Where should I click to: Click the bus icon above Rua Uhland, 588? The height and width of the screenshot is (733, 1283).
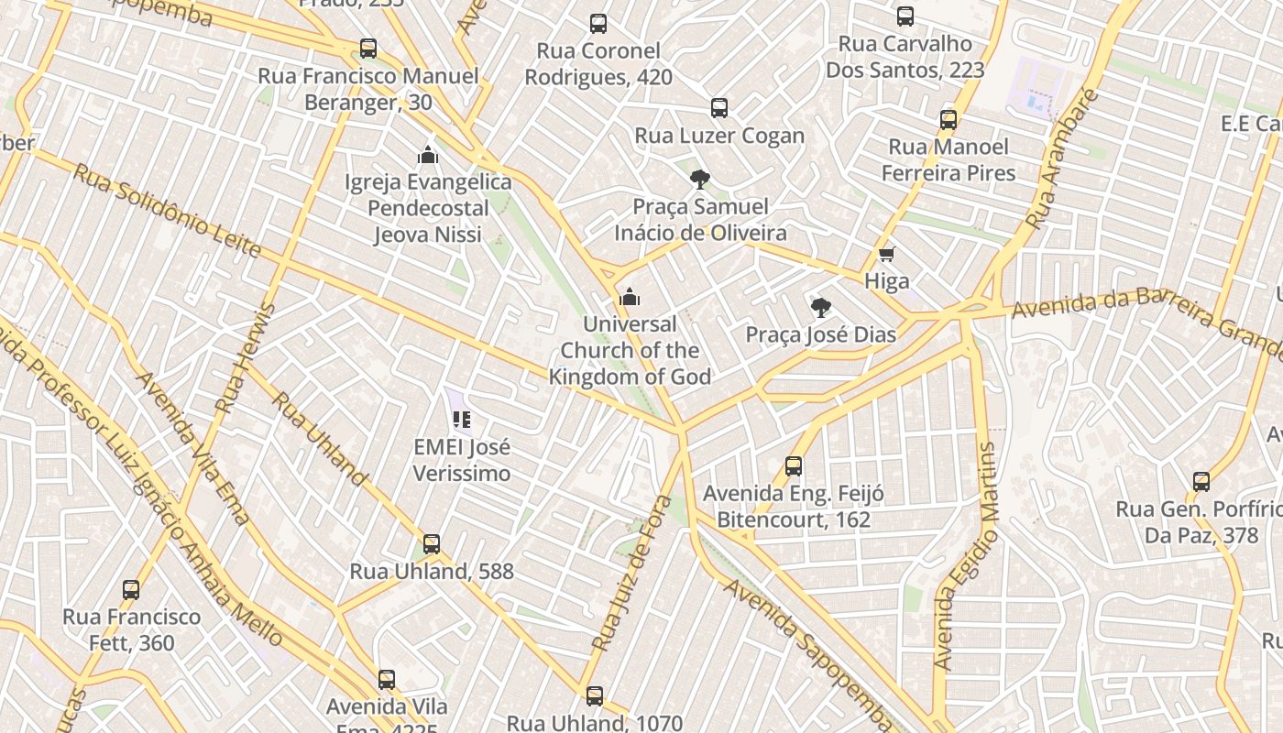[432, 544]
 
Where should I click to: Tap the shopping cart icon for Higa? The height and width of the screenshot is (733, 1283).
[886, 255]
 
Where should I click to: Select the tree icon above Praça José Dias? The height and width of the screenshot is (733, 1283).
[821, 308]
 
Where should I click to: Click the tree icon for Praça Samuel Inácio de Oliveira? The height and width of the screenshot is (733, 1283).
[700, 179]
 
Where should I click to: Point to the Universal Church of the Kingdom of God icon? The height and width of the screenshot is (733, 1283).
[630, 297]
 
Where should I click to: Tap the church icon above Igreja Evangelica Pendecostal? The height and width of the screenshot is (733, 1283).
[428, 155]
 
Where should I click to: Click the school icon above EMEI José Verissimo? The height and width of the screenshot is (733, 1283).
[462, 421]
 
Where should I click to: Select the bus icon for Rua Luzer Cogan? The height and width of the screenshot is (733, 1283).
[719, 108]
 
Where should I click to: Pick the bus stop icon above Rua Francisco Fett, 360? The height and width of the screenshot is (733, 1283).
[131, 590]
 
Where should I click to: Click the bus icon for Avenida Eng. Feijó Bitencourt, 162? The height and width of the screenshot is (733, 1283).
[794, 466]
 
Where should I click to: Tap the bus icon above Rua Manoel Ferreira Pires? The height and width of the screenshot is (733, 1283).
[949, 119]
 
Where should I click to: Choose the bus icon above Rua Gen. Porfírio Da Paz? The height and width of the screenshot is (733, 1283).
[1201, 482]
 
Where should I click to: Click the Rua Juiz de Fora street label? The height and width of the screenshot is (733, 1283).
[632, 574]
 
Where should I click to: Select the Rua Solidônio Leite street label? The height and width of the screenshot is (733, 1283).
[167, 210]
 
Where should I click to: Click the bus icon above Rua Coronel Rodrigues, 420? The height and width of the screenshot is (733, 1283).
[598, 24]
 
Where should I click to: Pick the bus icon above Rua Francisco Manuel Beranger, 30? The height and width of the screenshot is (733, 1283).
[368, 49]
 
